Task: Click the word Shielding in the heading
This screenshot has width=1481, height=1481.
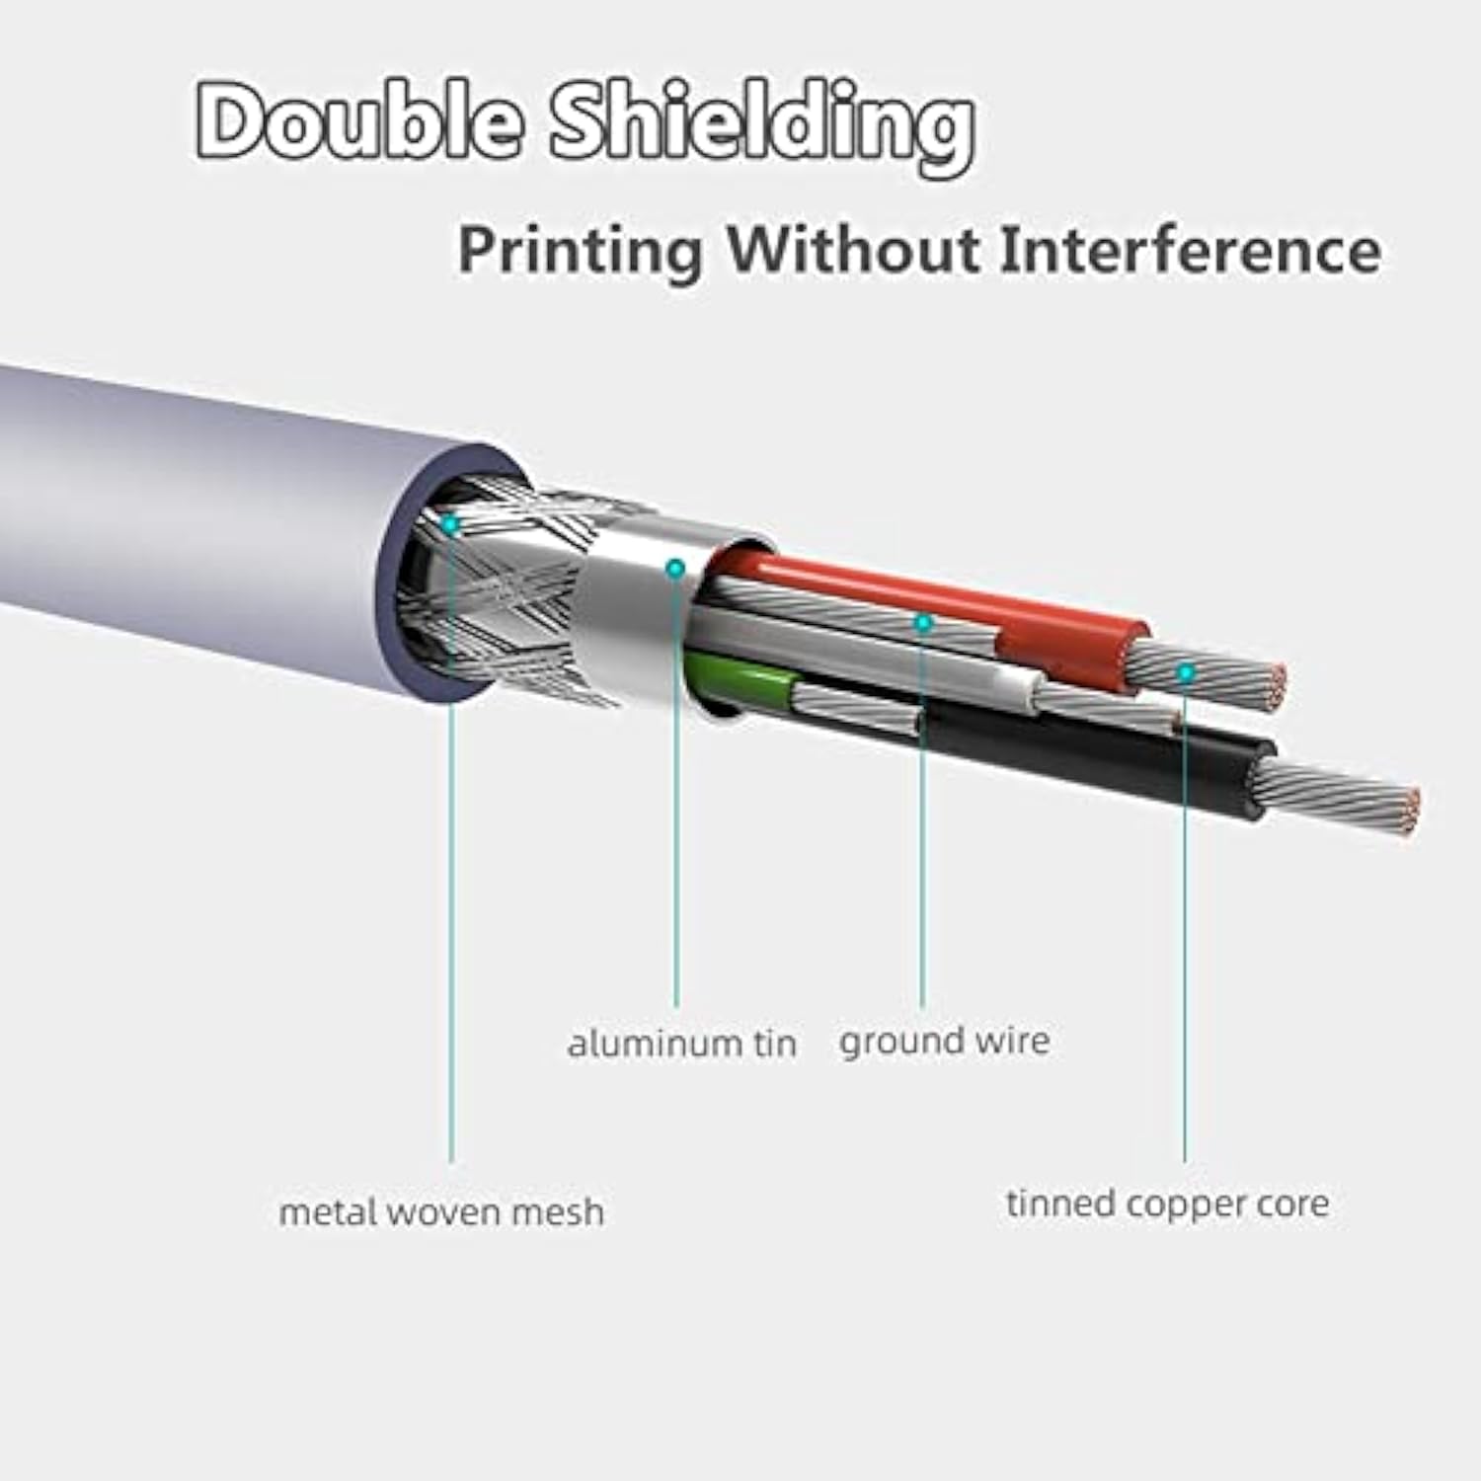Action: [x=762, y=126]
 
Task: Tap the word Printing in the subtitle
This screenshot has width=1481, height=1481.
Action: [x=581, y=252]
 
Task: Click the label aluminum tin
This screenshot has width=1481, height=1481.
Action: [x=682, y=1043]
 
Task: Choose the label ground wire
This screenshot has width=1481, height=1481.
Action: [x=945, y=1042]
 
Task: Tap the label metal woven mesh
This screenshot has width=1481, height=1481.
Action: [x=441, y=1211]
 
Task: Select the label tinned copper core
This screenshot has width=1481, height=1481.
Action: [x=1168, y=1205]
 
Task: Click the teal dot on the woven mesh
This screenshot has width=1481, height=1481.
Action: [x=450, y=524]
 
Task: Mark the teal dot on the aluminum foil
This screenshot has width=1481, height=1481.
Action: [x=676, y=568]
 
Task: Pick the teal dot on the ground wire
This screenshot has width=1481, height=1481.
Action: [x=923, y=623]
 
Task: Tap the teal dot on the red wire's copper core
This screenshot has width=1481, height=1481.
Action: [x=1186, y=673]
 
